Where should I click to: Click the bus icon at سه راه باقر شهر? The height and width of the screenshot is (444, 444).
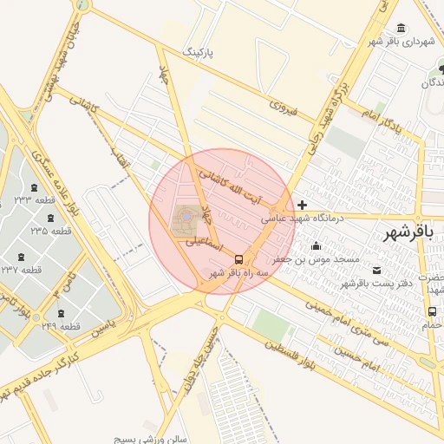pos(238,258)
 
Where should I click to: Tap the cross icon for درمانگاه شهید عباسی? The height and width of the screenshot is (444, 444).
pos(302,206)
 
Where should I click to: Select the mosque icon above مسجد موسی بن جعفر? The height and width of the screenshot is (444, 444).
pos(316,245)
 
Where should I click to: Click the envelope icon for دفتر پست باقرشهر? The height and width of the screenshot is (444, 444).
pos(375,270)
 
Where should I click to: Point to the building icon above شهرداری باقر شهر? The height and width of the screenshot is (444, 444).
pos(400,28)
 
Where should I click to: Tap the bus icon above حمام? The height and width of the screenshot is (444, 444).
pos(431,311)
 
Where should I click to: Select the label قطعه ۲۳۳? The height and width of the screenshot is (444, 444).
pos(35,200)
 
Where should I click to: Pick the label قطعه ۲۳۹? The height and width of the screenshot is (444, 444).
pos(60,326)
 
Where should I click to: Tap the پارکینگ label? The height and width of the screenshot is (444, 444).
pos(195,53)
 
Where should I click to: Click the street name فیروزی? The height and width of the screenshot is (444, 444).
pos(283,108)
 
